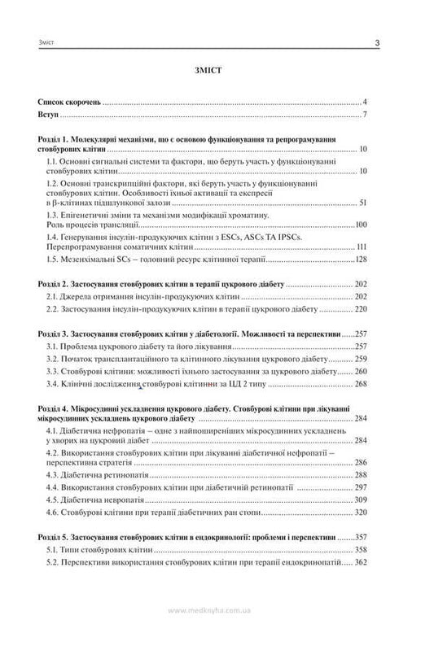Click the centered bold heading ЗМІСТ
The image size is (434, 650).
[217, 72]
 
